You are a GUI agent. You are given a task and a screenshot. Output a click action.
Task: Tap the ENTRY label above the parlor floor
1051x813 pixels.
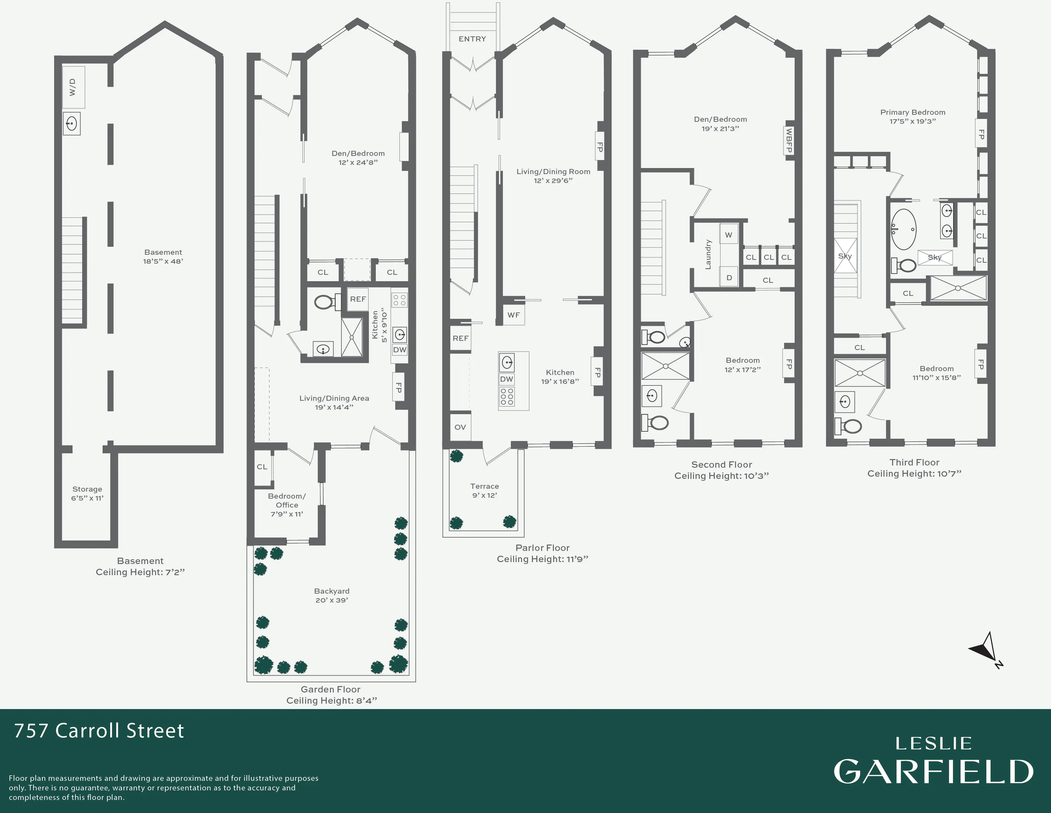472,39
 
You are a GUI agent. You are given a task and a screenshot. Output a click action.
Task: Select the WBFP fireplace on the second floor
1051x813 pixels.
788,141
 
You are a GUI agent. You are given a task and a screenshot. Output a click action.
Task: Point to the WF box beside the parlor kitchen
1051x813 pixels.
513,315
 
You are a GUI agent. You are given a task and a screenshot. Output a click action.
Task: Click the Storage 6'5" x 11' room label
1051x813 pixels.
87,493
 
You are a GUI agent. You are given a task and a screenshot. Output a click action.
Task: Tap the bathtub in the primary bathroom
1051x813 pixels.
903,229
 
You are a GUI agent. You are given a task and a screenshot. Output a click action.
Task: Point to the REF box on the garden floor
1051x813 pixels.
358,299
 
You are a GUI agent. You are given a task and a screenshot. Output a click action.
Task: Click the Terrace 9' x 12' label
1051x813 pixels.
484,490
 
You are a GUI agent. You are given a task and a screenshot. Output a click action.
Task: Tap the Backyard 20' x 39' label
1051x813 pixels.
332,595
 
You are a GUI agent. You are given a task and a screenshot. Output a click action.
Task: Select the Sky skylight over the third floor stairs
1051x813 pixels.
845,256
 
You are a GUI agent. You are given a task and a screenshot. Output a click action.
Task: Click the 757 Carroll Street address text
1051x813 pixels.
99,731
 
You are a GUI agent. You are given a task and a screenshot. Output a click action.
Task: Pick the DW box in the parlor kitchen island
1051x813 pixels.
506,379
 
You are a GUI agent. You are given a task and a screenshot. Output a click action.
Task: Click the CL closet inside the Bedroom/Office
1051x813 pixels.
262,467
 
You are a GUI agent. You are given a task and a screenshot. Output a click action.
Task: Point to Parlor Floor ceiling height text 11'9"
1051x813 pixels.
542,559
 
